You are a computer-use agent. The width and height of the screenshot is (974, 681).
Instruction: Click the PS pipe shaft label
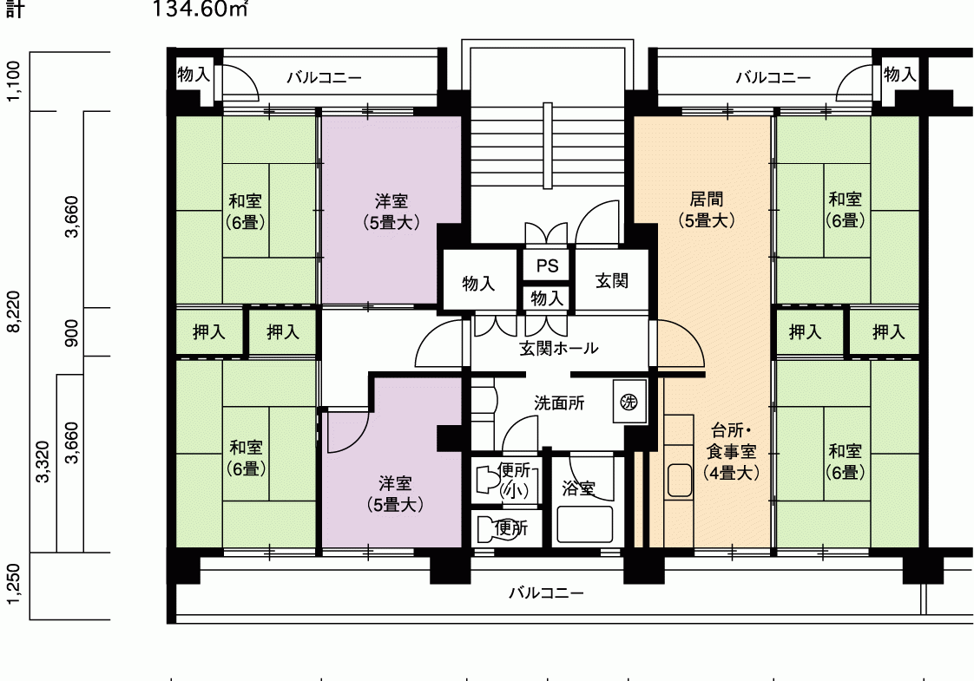[x=547, y=265]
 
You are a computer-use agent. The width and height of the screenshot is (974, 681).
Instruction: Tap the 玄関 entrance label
[x=612, y=280]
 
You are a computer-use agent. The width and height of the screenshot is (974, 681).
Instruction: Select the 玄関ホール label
[x=559, y=348]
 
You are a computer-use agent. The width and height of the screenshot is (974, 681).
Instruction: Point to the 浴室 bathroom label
[x=578, y=488]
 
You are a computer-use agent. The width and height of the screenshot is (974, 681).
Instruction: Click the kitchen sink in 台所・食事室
[x=680, y=480]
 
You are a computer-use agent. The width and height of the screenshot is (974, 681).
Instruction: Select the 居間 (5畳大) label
[x=707, y=209]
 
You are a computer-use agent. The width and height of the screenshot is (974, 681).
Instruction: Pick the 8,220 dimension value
[x=14, y=311]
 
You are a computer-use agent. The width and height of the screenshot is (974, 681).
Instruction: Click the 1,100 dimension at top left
[x=14, y=81]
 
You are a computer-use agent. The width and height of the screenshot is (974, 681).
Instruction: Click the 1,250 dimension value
[x=14, y=584]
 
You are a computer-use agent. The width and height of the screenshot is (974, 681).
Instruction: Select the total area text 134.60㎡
[x=200, y=10]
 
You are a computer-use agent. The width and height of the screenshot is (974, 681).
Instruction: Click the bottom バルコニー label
[x=547, y=593]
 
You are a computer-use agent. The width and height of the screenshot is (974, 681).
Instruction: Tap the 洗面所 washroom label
[x=559, y=403]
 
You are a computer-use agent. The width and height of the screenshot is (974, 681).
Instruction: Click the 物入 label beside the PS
[x=547, y=298]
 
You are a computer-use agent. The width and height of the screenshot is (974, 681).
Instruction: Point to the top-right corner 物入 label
[x=899, y=75]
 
